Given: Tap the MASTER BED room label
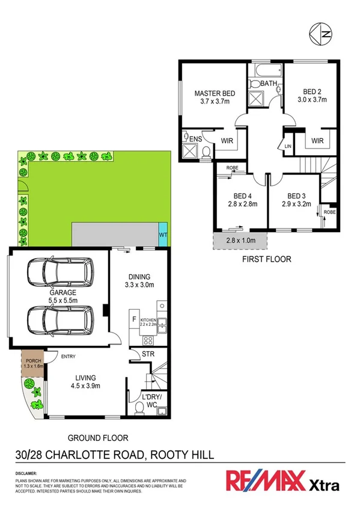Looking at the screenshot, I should (x=215, y=94).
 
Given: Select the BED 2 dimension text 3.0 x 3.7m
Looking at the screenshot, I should (x=312, y=100).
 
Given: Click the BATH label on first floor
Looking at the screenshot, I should (x=268, y=84).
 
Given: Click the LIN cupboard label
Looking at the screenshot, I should (x=288, y=145).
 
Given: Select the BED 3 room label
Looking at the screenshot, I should (x=296, y=196).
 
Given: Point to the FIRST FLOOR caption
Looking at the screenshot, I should (x=266, y=260).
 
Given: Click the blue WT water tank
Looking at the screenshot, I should (x=163, y=234).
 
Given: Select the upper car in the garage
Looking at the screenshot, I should (x=59, y=273).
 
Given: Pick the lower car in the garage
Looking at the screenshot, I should (x=59, y=319).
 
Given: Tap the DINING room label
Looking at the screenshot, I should (x=139, y=277).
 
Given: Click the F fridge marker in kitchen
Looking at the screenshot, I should (x=133, y=319).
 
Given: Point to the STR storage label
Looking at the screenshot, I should (x=148, y=354).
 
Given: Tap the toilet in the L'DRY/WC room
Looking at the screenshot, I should (x=139, y=408).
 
